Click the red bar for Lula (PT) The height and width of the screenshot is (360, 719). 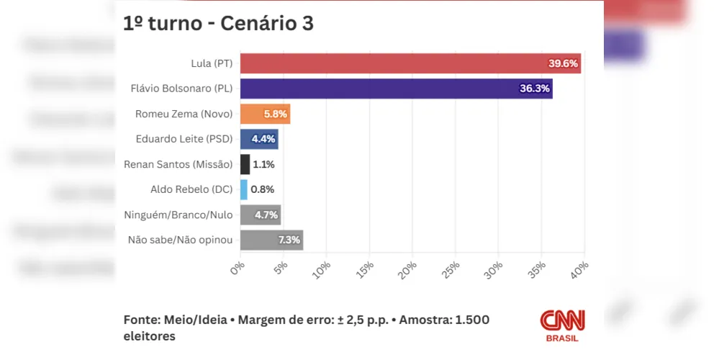click(410, 63)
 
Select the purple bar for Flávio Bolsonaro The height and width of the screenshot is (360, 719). click(396, 89)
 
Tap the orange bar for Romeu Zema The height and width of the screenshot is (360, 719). click(265, 114)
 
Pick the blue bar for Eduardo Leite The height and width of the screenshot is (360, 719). click(258, 139)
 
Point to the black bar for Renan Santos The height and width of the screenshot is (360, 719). click(245, 164)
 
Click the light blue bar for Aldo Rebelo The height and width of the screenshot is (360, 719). click(243, 189)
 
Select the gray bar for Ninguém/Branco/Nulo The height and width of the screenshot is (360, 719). click(260, 215)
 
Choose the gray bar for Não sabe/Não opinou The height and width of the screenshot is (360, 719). click(271, 240)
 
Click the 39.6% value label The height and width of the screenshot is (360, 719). click(563, 63)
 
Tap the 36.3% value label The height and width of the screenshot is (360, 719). click(534, 89)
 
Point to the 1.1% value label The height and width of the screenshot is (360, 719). click(263, 164)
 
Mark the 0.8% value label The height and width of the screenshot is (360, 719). click(262, 189)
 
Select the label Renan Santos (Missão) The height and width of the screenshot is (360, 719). click(178, 164)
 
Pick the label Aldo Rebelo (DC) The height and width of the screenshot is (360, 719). click(191, 189)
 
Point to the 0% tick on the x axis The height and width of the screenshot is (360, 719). click(238, 268)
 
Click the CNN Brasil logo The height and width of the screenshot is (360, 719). click(562, 325)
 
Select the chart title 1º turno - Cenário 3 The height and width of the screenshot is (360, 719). click(219, 23)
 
